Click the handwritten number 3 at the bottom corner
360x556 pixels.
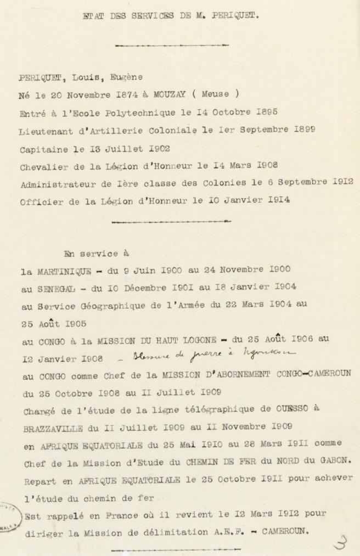tap(340, 542)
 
